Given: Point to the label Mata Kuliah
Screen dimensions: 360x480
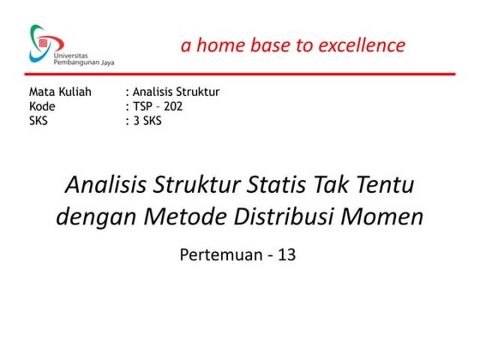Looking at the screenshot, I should click(60, 92).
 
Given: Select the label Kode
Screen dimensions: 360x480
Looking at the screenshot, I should click(42, 106).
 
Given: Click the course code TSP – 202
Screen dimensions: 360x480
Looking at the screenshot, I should click(157, 106).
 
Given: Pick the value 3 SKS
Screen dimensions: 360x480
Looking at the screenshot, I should click(147, 121).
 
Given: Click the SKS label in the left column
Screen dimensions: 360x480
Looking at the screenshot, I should click(39, 121).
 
